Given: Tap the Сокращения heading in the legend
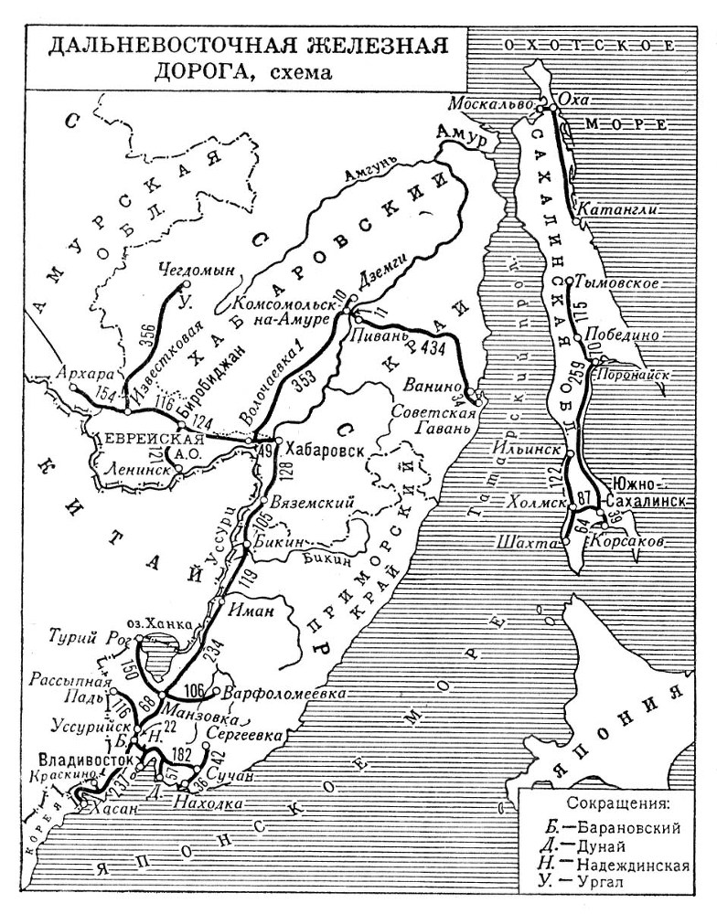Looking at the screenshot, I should (x=618, y=805).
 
